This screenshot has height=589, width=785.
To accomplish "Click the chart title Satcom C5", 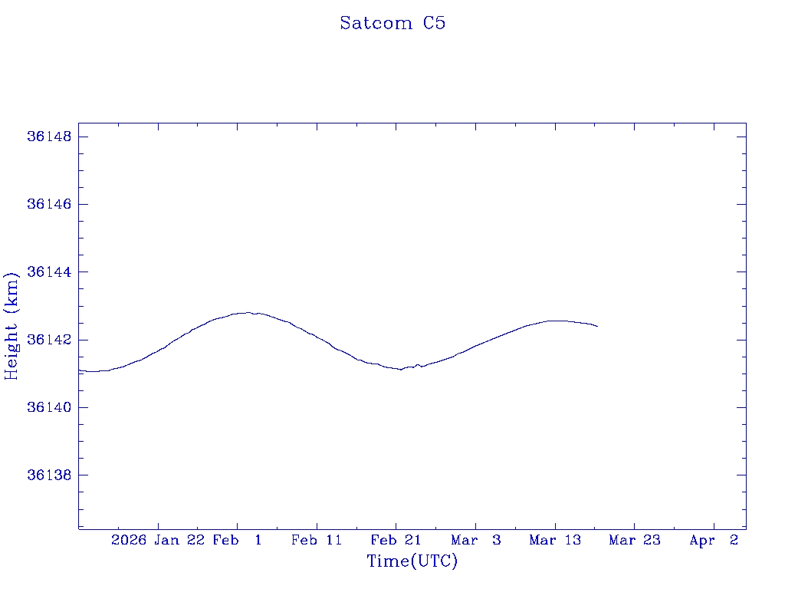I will coord(392,23).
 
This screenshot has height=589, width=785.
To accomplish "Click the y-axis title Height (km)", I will coord(11,325).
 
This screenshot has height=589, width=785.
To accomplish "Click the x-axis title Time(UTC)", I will coord(412,561).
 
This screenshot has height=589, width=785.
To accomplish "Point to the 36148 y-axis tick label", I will coord(49,137).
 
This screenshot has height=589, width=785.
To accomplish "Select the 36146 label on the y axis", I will coord(49,204).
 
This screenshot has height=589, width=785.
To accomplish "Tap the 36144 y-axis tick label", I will coord(49,271).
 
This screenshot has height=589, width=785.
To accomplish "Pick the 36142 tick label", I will coord(49,340).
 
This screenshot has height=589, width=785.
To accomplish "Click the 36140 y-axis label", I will coord(49,407).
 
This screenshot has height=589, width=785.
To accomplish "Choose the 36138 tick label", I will coord(49,475).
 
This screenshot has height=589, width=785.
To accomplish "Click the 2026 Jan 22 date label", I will coord(158,540).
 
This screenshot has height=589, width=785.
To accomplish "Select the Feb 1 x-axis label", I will coord(237,540).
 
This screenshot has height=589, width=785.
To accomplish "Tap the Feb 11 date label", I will coord(317,540).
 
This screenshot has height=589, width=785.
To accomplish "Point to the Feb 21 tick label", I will coord(396,540).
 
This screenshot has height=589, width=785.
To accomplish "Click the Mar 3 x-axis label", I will coord(475,540).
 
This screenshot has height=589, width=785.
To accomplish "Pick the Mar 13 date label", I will coord(555,540).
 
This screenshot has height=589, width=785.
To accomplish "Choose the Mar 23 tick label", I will coord(635,540).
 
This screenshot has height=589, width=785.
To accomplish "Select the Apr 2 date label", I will coord(714,540).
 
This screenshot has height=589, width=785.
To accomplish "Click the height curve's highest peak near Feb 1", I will coord(248,312).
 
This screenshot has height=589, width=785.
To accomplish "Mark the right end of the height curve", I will coord(597,327).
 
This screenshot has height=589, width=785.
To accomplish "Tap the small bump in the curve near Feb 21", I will coord(418,364).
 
